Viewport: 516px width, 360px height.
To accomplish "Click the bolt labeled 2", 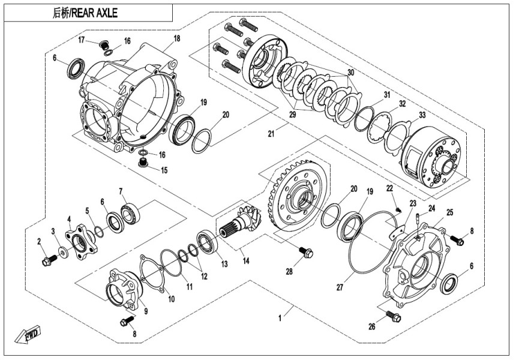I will pyautogui.click(x=48, y=260).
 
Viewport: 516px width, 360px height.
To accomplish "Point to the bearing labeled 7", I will pyautogui.click(x=131, y=211).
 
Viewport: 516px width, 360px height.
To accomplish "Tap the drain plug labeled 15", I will pyautogui.click(x=143, y=163).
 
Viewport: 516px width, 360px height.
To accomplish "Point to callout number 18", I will pyautogui.click(x=176, y=39).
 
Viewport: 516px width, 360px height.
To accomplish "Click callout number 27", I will pyautogui.click(x=340, y=287).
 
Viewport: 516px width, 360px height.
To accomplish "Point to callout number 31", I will pyautogui.click(x=387, y=95).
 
